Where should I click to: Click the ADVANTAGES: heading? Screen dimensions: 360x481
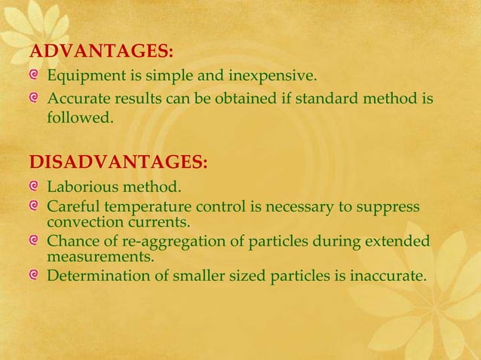tap(101, 52)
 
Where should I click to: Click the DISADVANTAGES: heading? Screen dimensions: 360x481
tap(118, 163)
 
